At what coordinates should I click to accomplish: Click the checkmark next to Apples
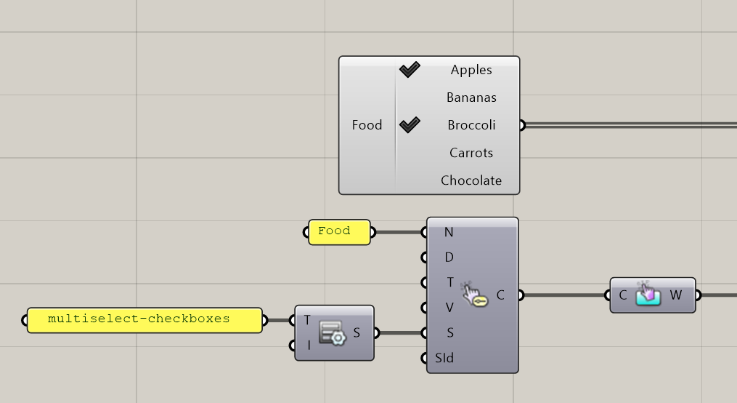[x=410, y=70]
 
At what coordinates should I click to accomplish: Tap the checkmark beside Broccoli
[x=410, y=125]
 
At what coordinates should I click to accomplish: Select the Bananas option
[x=471, y=97]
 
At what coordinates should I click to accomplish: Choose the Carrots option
[x=471, y=153]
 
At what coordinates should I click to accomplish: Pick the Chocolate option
[x=471, y=180]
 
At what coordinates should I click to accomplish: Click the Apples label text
[x=471, y=70]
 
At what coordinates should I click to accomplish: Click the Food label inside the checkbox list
[x=367, y=125]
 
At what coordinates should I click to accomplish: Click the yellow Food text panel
[x=339, y=231]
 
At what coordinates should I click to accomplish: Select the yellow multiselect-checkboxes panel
[x=144, y=319]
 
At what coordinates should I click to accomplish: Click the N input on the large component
[x=448, y=233]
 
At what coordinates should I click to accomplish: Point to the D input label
[x=449, y=258]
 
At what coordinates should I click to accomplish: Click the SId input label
[x=444, y=358]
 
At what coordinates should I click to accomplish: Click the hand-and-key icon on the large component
[x=474, y=295]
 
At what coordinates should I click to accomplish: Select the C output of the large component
[x=501, y=295]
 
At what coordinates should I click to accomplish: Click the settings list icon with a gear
[x=333, y=332]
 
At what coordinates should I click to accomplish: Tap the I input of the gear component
[x=308, y=346]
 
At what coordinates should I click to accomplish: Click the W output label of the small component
[x=676, y=295]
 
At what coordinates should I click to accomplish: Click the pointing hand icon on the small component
[x=648, y=295]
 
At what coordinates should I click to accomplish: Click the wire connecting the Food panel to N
[x=399, y=233]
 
